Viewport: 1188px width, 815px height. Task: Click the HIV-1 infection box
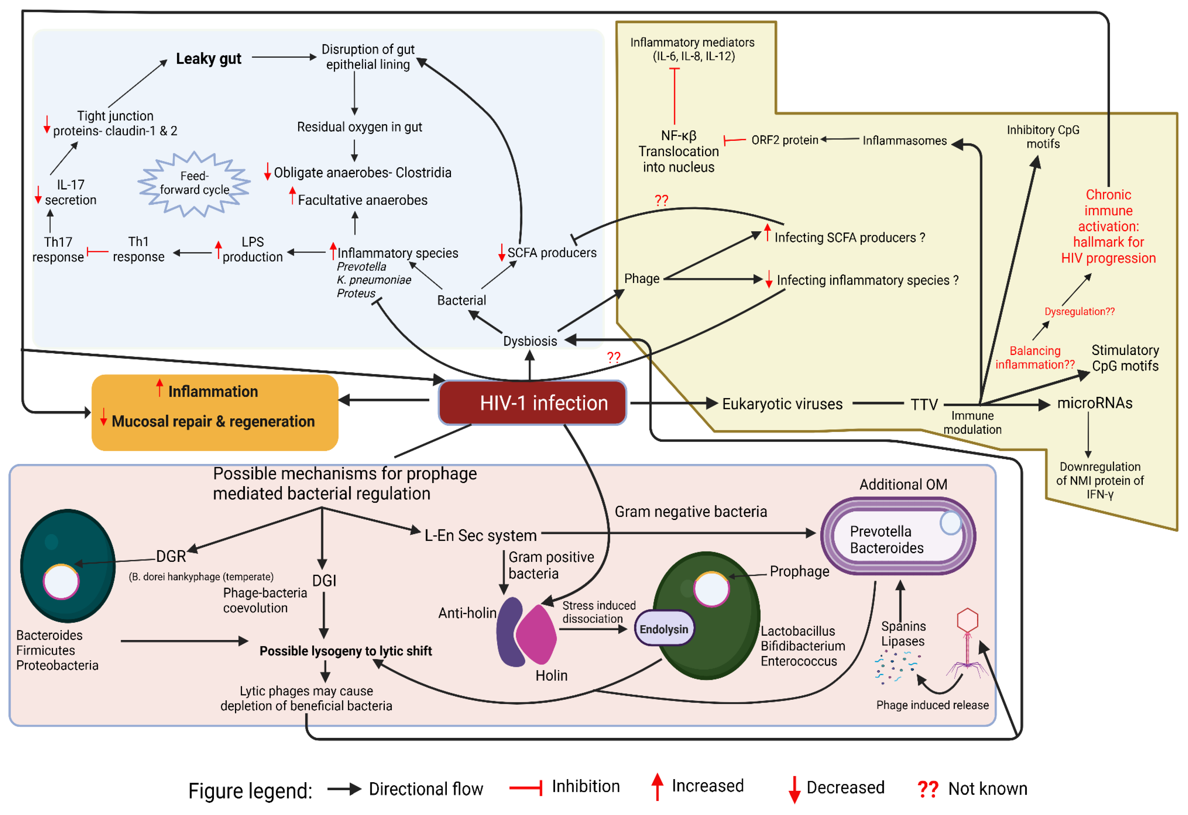pyautogui.click(x=532, y=403)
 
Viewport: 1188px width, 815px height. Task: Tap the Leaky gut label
pyautogui.click(x=208, y=59)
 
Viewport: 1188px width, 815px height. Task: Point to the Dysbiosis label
pyautogui.click(x=530, y=341)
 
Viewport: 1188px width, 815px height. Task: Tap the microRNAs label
pyautogui.click(x=1094, y=403)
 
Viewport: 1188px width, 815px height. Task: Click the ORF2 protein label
pyautogui.click(x=784, y=140)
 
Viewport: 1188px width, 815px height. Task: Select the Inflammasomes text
pyautogui.click(x=904, y=140)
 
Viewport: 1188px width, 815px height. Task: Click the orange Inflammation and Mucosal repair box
pyautogui.click(x=215, y=412)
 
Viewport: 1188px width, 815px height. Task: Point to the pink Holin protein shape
pyautogui.click(x=537, y=634)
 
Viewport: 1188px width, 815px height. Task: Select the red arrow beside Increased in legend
pyautogui.click(x=657, y=787)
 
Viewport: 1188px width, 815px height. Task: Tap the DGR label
pyautogui.click(x=171, y=556)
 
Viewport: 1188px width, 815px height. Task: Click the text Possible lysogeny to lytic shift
pyautogui.click(x=346, y=651)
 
